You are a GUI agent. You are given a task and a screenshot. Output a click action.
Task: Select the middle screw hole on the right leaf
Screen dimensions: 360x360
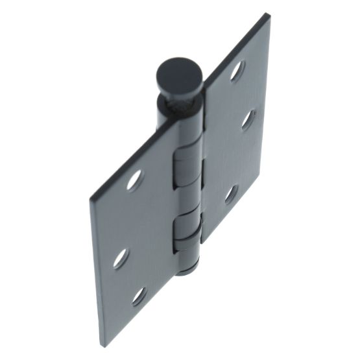248,119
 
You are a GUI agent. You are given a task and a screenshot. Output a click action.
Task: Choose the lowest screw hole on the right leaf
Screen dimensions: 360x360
232,194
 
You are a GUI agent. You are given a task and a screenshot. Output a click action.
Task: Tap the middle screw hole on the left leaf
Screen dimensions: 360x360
120,258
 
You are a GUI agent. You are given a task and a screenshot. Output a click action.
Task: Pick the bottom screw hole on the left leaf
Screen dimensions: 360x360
139,296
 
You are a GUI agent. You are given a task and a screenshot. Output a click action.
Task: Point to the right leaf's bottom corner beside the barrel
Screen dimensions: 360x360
204,241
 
